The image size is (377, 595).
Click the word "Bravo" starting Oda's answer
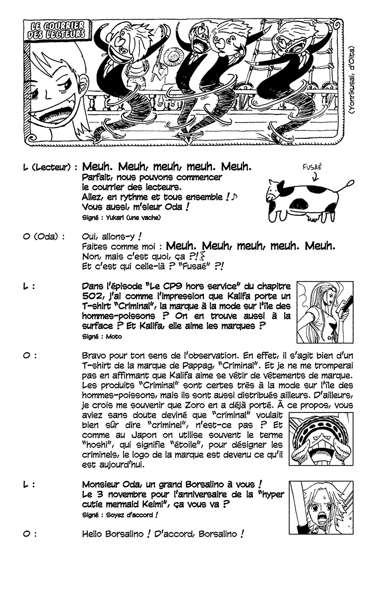click(94, 356)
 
